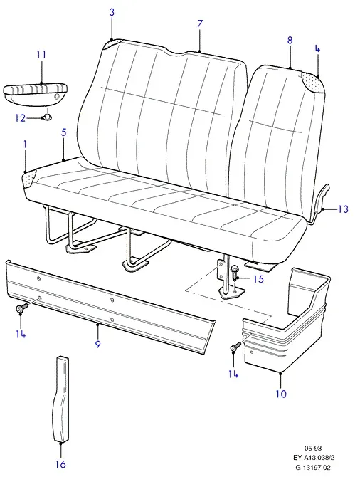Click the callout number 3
pos(112,13)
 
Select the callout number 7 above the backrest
pos(199,23)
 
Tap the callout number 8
pos(290,40)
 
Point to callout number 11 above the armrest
pos(41,54)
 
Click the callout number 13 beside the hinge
pos(343,209)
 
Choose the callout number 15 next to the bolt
pos(258,278)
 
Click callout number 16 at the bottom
pos(60,464)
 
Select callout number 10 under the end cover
pos(281,394)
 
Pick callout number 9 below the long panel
pos(97,344)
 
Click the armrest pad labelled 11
pos(36,94)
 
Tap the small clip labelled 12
pos(47,116)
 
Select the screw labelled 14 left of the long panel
pos(21,308)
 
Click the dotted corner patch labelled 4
pos(312,82)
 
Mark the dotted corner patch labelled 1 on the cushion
pos(30,179)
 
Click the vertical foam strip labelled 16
pos(62,399)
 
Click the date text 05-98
pos(313,448)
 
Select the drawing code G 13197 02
pos(313,468)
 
